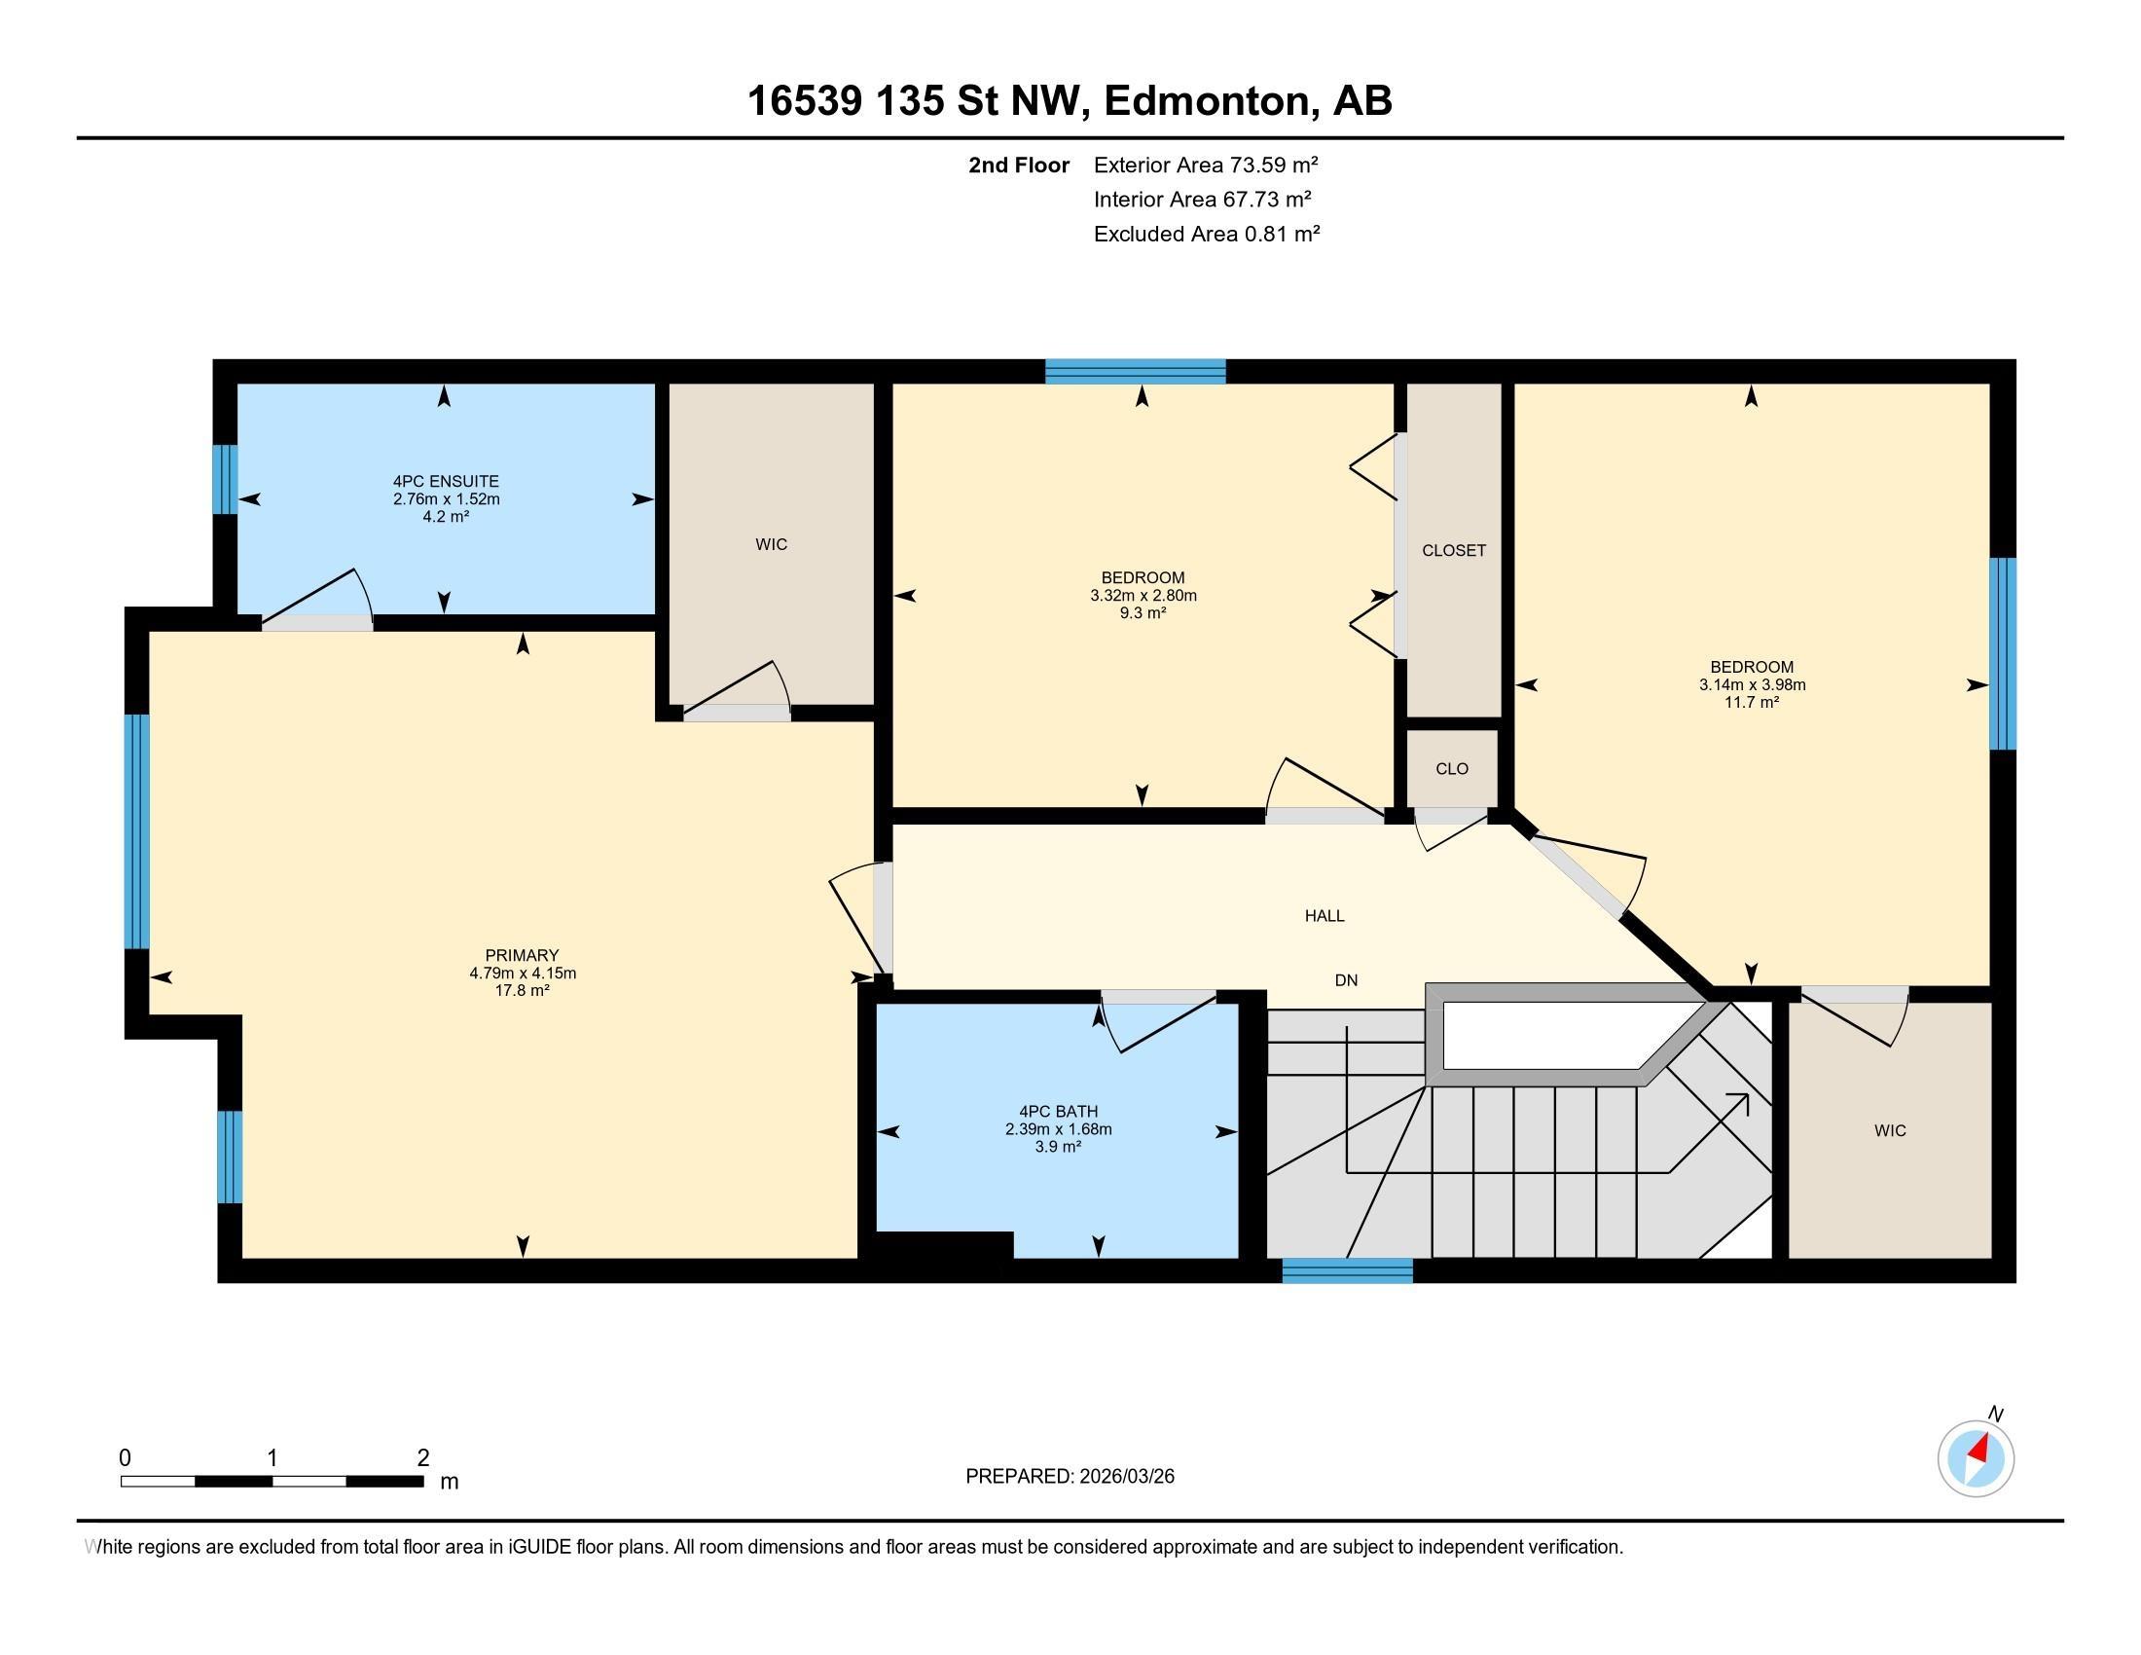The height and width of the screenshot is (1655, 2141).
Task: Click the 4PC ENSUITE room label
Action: [446, 481]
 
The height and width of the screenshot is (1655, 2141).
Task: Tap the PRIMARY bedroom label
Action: [523, 955]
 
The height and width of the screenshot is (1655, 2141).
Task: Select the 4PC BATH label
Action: [1059, 1112]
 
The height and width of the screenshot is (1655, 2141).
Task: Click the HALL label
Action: [1325, 916]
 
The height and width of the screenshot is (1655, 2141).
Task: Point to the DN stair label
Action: [1346, 980]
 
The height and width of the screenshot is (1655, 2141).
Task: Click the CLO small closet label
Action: [1452, 769]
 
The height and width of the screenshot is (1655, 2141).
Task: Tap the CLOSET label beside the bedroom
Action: [1454, 551]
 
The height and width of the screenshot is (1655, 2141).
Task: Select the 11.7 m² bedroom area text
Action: [1752, 702]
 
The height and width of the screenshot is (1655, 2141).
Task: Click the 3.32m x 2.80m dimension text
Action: [1143, 595]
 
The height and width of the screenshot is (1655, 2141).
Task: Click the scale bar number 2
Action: [423, 1458]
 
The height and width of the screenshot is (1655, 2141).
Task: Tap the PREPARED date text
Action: [1070, 1477]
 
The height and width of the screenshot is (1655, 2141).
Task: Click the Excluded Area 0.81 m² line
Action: [1207, 235]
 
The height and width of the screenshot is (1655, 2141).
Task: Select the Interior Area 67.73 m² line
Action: [1203, 200]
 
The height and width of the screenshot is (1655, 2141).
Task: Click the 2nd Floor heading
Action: [1019, 165]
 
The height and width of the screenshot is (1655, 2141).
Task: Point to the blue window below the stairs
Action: [1347, 1270]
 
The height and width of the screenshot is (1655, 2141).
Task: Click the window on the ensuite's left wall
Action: [226, 479]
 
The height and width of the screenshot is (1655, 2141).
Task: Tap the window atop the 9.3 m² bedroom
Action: [1135, 372]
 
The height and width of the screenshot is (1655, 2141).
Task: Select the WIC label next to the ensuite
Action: [772, 545]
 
